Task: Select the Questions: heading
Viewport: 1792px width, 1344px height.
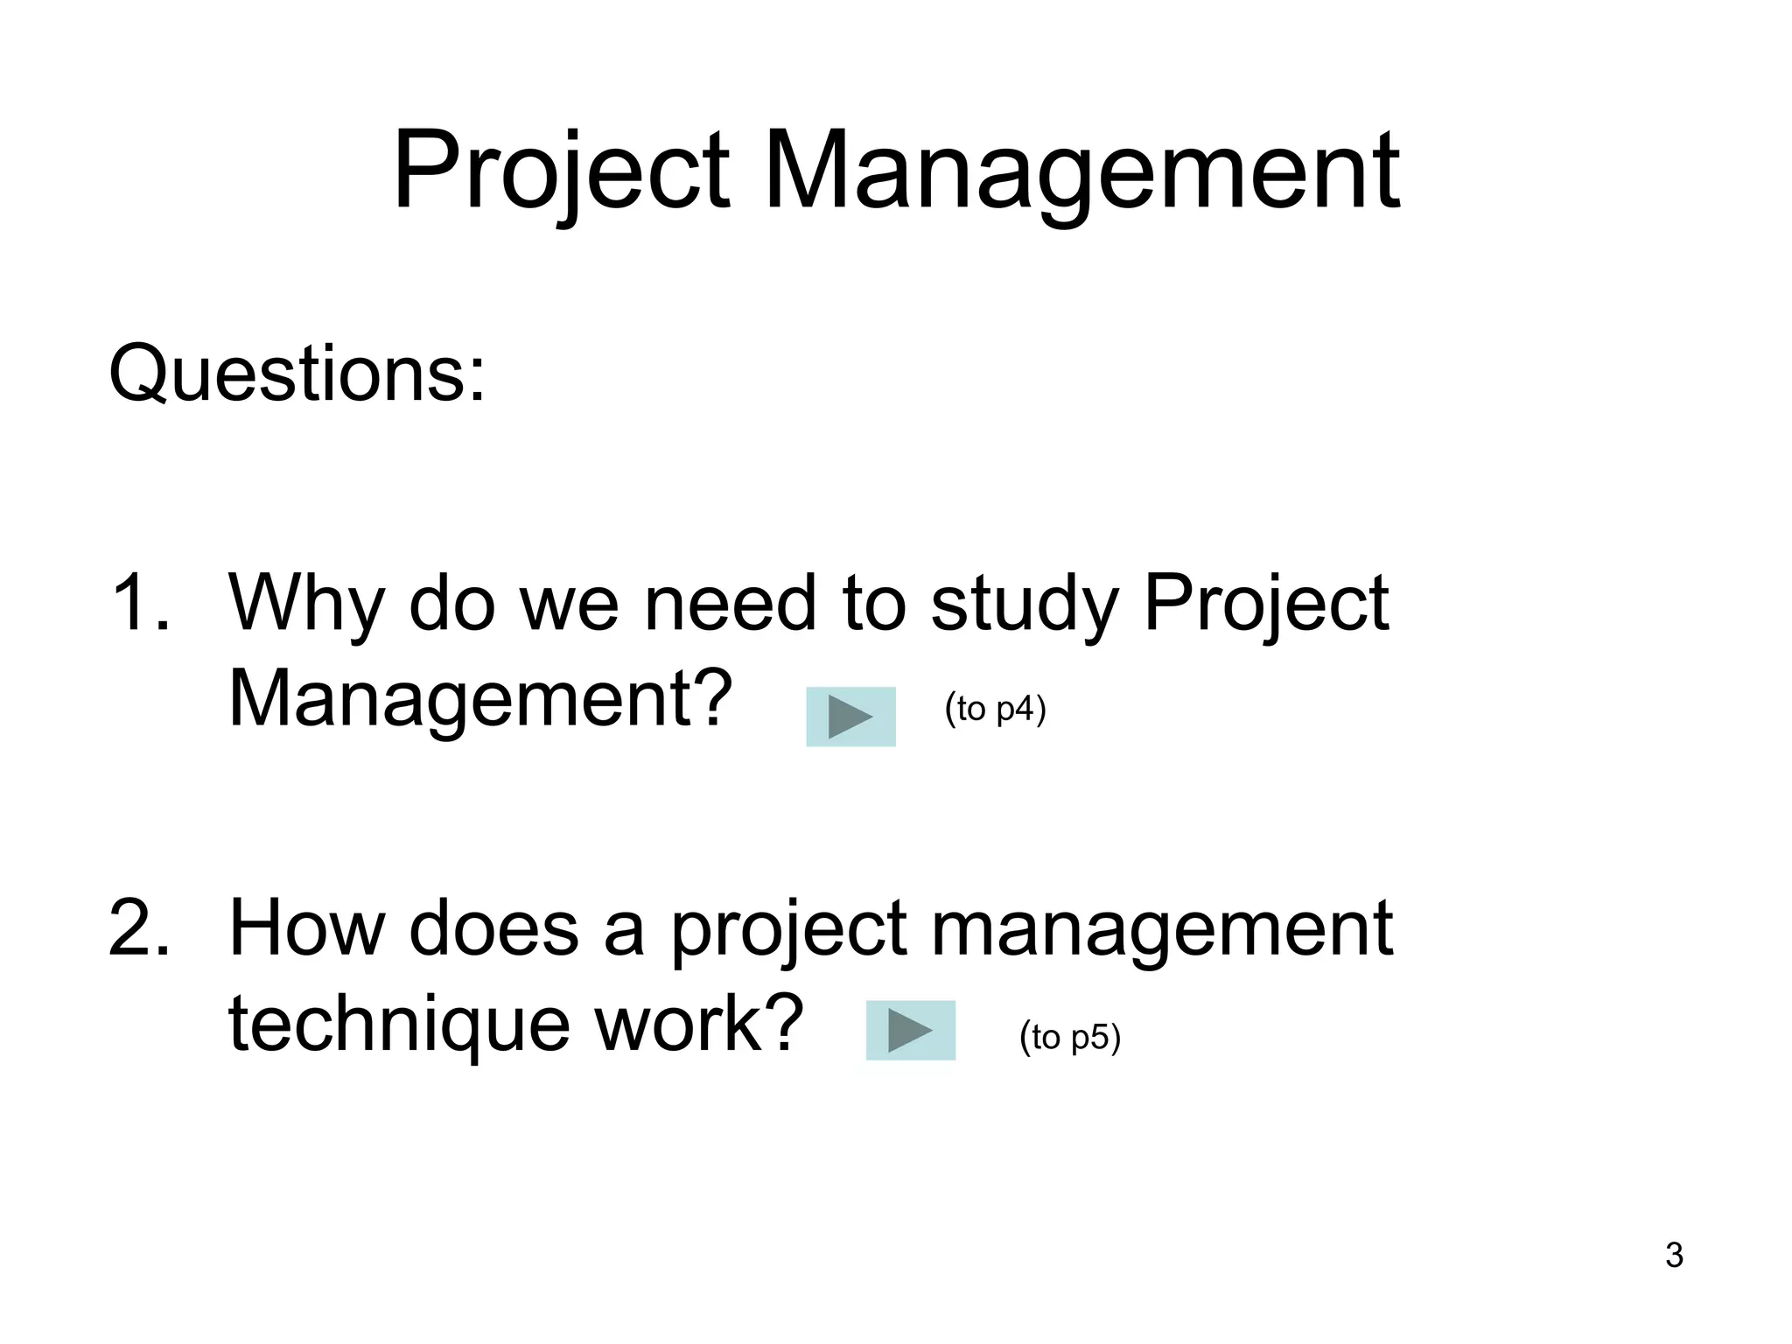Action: (x=297, y=374)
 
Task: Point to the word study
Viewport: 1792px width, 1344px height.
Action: (x=1025, y=604)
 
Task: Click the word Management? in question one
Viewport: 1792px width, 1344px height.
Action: (x=480, y=700)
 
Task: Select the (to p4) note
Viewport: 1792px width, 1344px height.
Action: (x=995, y=709)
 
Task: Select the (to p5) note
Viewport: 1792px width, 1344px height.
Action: (x=1069, y=1038)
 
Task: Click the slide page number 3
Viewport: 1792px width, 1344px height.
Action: (x=1674, y=1256)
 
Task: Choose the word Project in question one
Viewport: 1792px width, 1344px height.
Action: (x=1265, y=604)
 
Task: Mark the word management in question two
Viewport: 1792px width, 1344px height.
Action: (x=1161, y=929)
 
